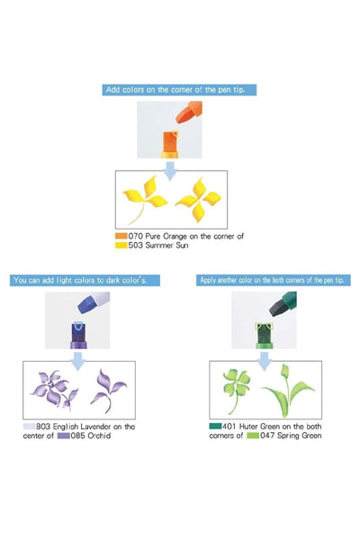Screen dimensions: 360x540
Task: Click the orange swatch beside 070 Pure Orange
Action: pos(121,236)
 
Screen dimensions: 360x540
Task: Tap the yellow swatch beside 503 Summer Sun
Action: pos(121,245)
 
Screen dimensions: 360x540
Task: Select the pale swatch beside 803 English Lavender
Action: pos(29,427)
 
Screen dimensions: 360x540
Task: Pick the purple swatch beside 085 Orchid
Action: pos(63,436)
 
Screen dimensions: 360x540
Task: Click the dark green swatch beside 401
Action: pos(215,426)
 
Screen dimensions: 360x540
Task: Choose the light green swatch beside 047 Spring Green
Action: pos(253,436)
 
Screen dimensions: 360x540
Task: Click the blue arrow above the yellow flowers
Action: pos(170,171)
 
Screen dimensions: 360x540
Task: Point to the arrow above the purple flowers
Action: pos(78,361)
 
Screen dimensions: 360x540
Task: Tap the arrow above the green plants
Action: pos(265,361)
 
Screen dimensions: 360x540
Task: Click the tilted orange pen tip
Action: pos(188,112)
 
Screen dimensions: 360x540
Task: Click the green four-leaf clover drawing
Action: pos(236,390)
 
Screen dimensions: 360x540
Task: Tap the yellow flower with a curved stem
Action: pos(144,199)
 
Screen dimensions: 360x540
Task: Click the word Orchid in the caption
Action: pos(99,436)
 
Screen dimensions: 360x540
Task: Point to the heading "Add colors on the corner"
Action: pos(179,90)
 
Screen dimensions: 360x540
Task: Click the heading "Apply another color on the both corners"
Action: pos(274,280)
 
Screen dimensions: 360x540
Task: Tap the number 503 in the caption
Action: pos(135,245)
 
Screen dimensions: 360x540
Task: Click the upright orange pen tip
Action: pos(170,141)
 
